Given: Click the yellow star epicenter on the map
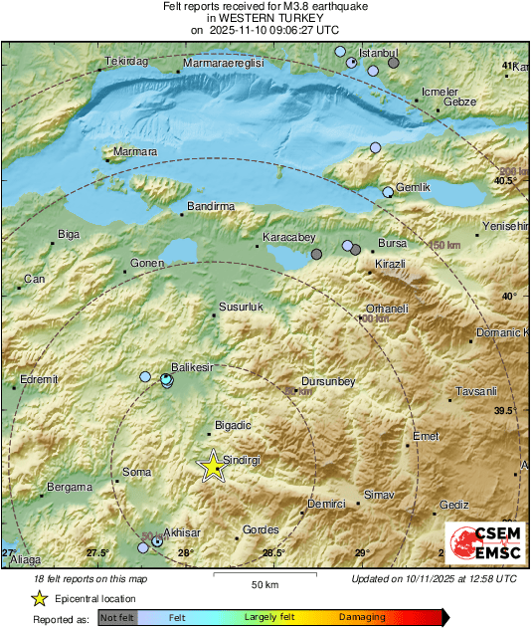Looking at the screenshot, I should tap(212, 466).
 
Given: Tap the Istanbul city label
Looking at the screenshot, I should tap(378, 52).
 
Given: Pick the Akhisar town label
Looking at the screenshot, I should tap(182, 531).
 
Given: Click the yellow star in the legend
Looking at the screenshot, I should tap(39, 598).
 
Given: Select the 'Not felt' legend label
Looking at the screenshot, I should tap(117, 618).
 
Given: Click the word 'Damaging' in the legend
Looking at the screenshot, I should tap(362, 618).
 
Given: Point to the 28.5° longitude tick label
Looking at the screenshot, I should tap(272, 552).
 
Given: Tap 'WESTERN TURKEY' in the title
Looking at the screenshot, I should tap(265, 18).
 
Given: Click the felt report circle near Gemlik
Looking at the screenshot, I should tap(389, 191).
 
